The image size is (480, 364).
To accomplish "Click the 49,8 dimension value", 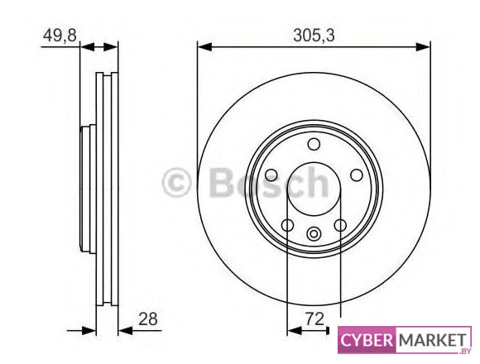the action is click(60, 36).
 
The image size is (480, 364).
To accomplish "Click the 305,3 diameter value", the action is click(314, 36).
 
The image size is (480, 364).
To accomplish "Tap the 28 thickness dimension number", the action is click(148, 319).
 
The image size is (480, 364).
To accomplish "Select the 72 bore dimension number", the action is click(314, 319).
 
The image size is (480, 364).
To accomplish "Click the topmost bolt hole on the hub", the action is click(314, 144).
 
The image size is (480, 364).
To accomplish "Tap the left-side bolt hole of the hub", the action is click(271, 175).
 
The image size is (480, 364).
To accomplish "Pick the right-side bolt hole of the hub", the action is click(357, 175).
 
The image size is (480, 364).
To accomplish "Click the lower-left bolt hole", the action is click(287, 226).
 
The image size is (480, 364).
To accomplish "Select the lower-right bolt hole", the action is click(340, 226).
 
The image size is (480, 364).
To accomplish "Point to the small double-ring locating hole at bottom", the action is click(314, 234).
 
